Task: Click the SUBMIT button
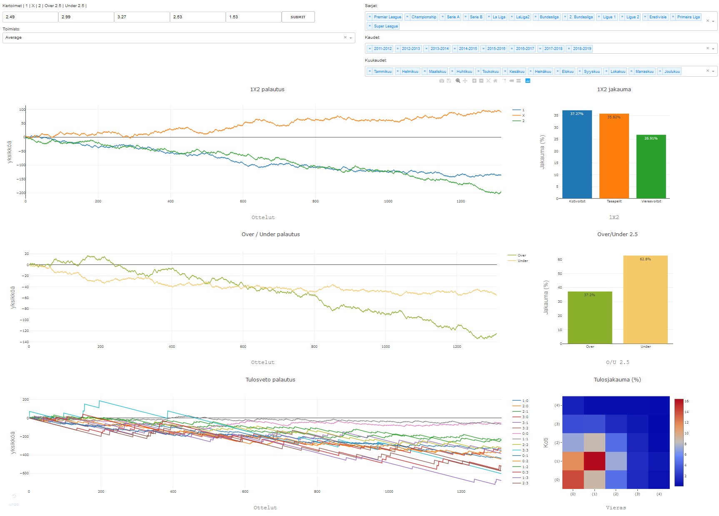298,17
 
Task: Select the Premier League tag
387,17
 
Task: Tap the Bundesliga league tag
549,17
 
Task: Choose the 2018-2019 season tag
582,49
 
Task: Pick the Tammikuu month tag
382,72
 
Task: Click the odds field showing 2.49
30,17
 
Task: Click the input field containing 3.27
142,17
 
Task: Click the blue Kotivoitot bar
577,154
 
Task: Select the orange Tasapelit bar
614,156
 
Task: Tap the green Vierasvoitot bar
651,167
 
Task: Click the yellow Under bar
645,300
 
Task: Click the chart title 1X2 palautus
267,90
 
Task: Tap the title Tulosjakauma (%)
617,380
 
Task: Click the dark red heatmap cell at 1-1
594,461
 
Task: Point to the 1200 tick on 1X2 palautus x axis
460,201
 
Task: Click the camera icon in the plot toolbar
442,81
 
